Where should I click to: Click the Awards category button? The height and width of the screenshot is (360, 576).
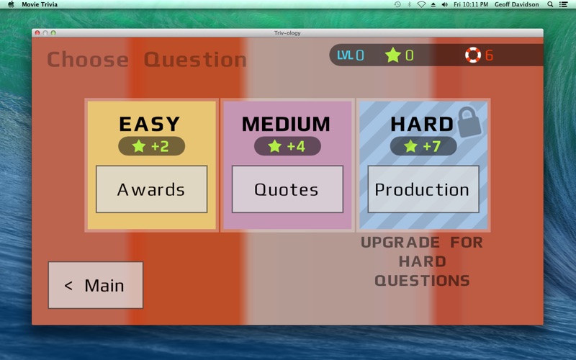click(x=152, y=189)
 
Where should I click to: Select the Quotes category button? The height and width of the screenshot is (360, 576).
click(x=287, y=189)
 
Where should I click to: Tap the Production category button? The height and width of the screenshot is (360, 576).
click(x=423, y=189)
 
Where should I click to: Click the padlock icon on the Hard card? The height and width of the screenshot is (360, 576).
click(x=469, y=122)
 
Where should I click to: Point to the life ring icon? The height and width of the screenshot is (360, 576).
click(x=473, y=55)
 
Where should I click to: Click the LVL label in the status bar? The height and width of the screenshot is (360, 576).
click(x=346, y=55)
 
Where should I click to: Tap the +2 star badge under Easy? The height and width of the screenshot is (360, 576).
click(x=151, y=146)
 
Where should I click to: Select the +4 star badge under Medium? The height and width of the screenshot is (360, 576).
click(x=287, y=146)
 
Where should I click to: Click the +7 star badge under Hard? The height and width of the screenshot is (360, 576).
click(x=423, y=146)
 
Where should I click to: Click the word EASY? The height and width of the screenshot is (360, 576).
click(x=150, y=124)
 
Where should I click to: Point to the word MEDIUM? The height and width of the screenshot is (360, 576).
click(x=286, y=124)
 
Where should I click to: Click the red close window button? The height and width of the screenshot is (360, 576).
click(x=37, y=32)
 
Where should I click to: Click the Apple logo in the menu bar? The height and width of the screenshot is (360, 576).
click(x=11, y=4)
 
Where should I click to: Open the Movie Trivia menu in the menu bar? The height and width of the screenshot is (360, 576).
click(x=40, y=4)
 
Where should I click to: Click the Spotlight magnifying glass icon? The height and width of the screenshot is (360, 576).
click(x=550, y=4)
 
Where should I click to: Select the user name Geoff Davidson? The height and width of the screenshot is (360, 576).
click(x=516, y=4)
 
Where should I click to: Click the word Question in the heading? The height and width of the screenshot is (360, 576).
click(x=195, y=60)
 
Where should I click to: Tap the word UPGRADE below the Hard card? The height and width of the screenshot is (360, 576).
click(x=400, y=243)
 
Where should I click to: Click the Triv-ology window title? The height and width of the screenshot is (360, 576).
click(x=287, y=33)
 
